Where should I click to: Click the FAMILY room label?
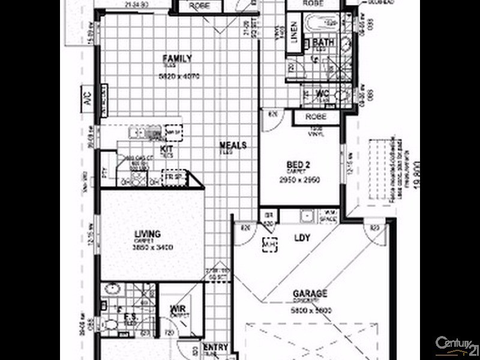click(x=178, y=58)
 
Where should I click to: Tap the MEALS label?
click(x=233, y=145)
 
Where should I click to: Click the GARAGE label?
click(x=310, y=294)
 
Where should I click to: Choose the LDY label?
click(x=302, y=238)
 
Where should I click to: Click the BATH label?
click(x=323, y=43)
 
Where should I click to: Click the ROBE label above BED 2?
click(x=316, y=117)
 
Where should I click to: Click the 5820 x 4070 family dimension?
click(x=178, y=77)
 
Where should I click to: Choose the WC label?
click(x=322, y=94)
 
